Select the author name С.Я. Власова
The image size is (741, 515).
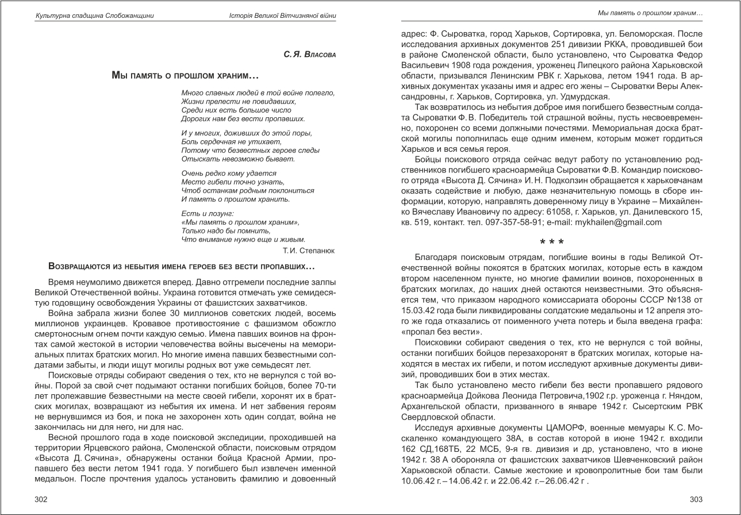pos(309,55)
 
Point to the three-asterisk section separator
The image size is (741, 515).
pos(551,241)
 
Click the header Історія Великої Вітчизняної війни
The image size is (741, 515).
pos(282,16)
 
